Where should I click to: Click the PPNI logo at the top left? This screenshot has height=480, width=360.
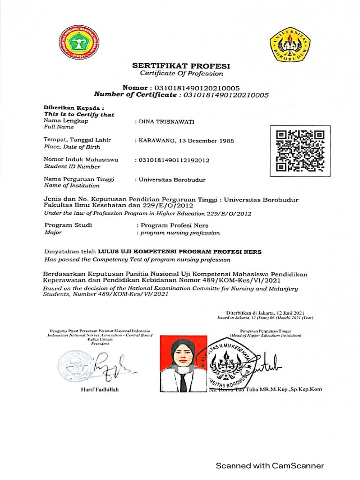point(79,43)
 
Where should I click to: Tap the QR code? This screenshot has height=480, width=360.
point(300,150)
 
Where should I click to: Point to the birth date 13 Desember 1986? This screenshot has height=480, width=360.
point(206,141)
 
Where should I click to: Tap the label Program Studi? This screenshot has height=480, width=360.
point(67,225)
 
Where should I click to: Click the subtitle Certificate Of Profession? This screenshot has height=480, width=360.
point(181,74)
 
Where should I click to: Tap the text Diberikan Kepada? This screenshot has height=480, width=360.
point(73,108)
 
